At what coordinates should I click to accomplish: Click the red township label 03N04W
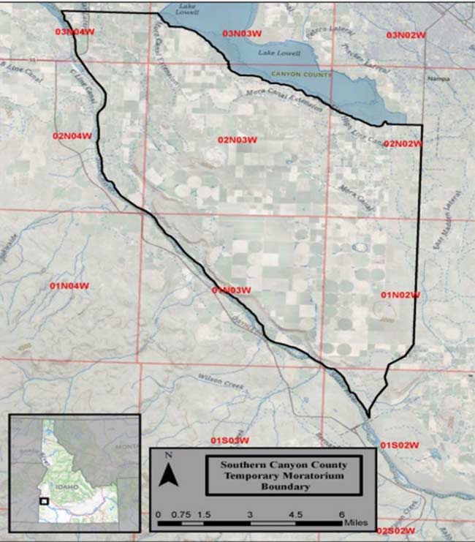(73, 32)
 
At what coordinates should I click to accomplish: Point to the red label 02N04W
(72, 135)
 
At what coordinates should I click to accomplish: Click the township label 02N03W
(237, 140)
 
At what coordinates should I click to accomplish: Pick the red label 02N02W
(403, 144)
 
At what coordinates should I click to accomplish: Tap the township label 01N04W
(69, 285)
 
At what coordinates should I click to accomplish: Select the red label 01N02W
(400, 295)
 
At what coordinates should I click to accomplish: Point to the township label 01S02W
(399, 445)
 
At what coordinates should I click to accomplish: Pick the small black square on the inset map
(45, 501)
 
